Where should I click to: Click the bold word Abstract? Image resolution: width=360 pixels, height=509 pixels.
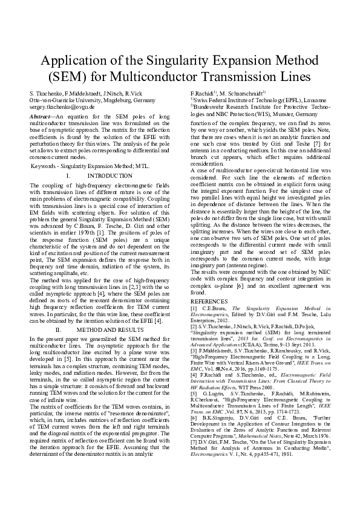coord(42,114)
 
